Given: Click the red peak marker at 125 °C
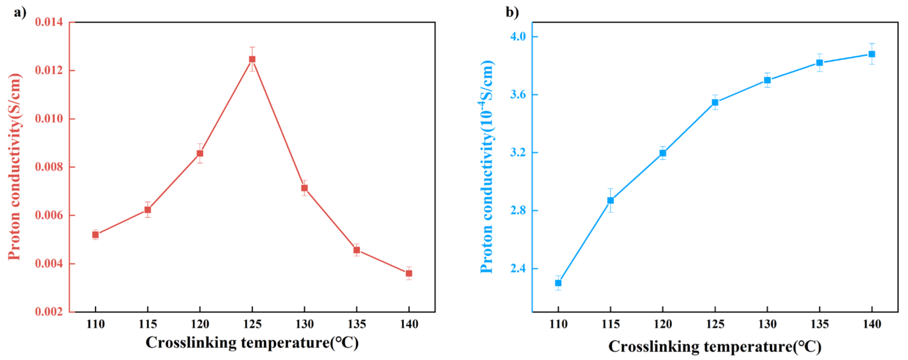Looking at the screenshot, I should point(252,59).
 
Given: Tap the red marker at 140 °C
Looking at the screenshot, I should point(409,273).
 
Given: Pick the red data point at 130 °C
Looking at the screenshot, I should point(305,188).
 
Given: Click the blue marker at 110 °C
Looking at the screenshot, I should point(558,283).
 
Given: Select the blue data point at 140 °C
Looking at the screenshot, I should point(872,54).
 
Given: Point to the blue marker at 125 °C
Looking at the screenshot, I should point(715,102).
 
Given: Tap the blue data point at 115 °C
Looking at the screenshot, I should point(611,200).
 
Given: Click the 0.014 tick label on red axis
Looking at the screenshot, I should point(49,22).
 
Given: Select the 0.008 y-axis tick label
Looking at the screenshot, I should point(49,167).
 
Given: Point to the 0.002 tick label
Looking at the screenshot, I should point(49,312).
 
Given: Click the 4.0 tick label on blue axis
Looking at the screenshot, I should point(518,36).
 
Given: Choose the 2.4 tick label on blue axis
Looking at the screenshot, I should point(518,268).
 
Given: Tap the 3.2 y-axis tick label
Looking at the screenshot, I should point(518,152).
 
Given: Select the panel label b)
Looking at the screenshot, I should point(512,12).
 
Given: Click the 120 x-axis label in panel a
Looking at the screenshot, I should point(200,324).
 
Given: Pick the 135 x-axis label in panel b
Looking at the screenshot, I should point(820,324).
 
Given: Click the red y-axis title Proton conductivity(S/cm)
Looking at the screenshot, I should point(15,167).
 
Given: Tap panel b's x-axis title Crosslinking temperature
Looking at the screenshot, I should point(715,346).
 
